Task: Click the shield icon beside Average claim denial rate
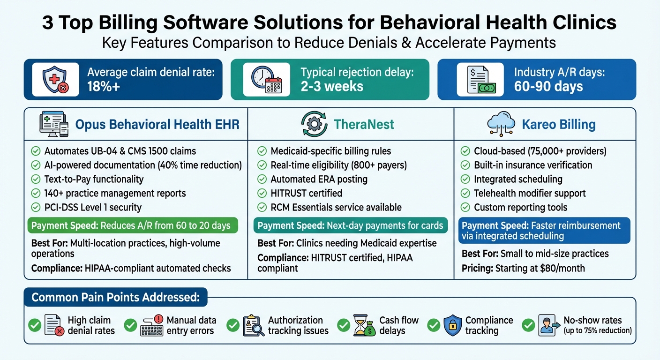point(55,80)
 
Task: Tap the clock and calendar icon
point(266,80)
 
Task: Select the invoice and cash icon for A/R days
point(481,80)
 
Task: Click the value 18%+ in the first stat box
point(104,87)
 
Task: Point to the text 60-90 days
point(548,87)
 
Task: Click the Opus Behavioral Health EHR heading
point(157,124)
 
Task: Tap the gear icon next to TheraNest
point(314,124)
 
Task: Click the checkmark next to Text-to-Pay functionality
point(36,179)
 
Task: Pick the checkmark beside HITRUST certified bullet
point(262,193)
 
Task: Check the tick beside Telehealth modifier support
point(465,193)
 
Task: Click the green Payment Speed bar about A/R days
point(133,225)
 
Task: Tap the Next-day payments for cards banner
point(351,225)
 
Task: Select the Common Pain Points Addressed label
point(115,297)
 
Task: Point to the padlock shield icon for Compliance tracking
point(452,325)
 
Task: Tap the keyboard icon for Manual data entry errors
point(152,325)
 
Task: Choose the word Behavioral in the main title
point(430,22)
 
